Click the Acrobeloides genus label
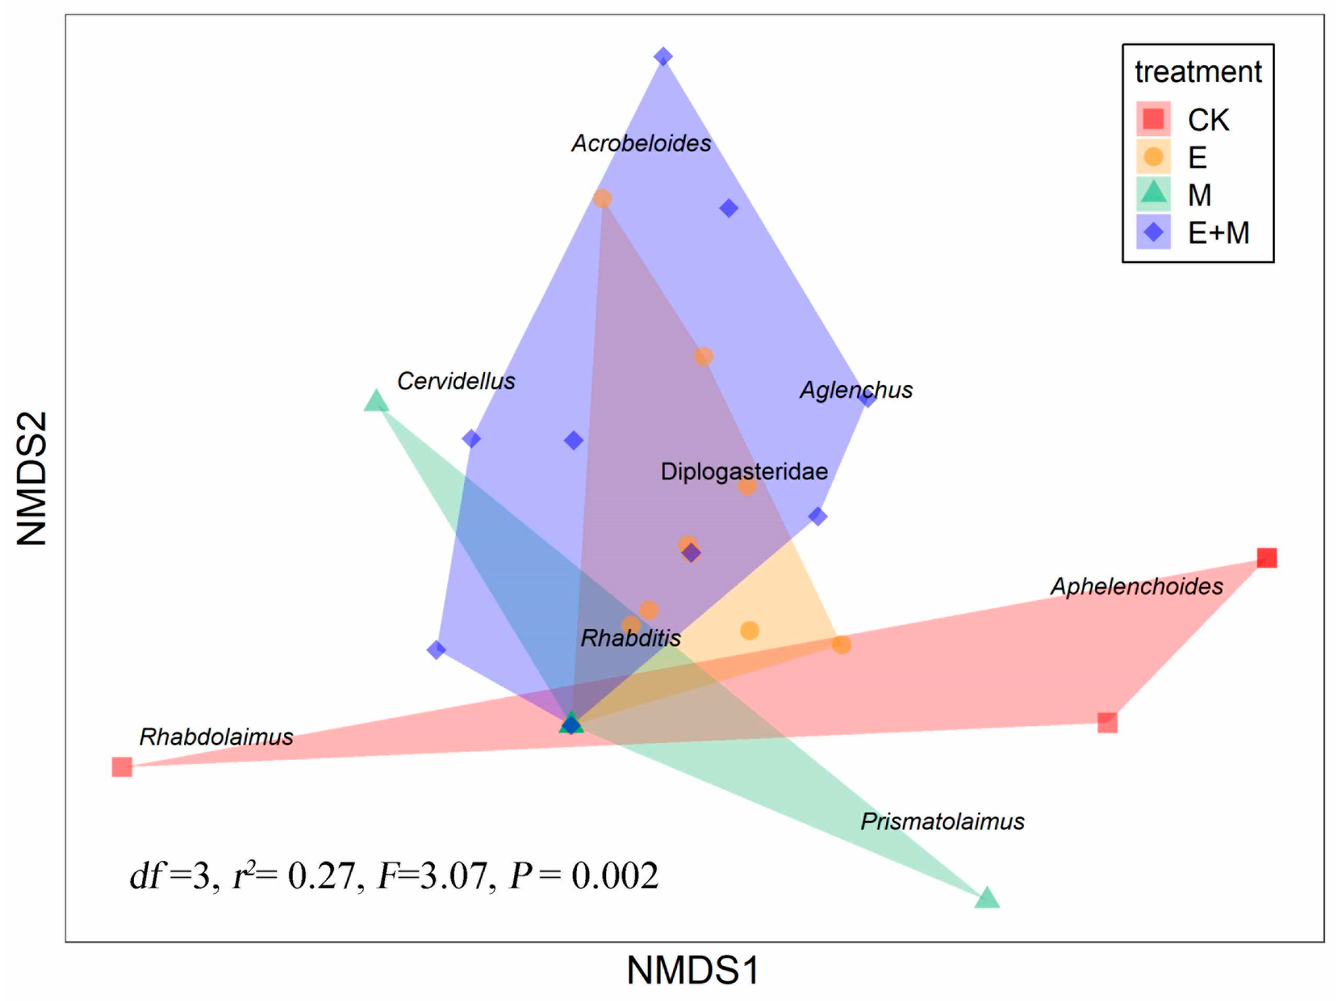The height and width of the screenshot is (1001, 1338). pyautogui.click(x=641, y=143)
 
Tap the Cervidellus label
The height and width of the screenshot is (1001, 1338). pyautogui.click(x=456, y=381)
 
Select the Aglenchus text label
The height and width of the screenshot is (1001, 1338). pyautogui.click(x=856, y=390)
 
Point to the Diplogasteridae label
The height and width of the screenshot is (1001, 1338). pyautogui.click(x=743, y=471)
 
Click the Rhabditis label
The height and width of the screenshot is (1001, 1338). pyautogui.click(x=630, y=638)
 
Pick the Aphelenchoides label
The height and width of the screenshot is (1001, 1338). pyautogui.click(x=1136, y=586)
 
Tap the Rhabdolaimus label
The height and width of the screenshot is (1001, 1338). pyautogui.click(x=216, y=737)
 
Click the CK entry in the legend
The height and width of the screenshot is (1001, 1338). pyautogui.click(x=1208, y=120)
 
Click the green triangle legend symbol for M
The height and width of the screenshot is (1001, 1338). pyautogui.click(x=1153, y=193)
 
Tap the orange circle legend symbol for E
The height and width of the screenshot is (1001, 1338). pyautogui.click(x=1153, y=157)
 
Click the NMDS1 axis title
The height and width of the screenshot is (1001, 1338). pyautogui.click(x=692, y=971)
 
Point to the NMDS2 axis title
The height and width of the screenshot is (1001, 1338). pyautogui.click(x=32, y=478)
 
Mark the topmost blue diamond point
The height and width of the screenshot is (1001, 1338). pyautogui.click(x=663, y=56)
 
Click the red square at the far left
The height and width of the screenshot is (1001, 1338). pyautogui.click(x=122, y=767)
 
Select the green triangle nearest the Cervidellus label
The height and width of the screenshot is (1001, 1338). pyautogui.click(x=375, y=401)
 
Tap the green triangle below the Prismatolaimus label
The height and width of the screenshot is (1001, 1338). pyautogui.click(x=987, y=898)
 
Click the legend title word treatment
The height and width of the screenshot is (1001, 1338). pyautogui.click(x=1198, y=72)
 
